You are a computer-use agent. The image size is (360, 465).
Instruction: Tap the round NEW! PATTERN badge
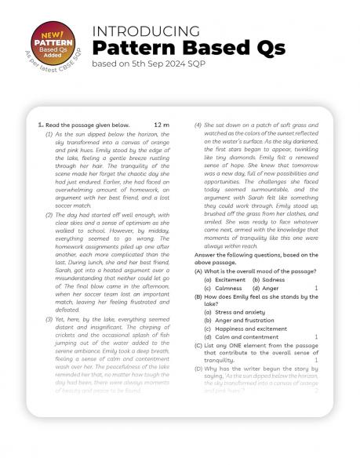52,38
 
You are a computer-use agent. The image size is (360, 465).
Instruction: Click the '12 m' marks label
162,125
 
